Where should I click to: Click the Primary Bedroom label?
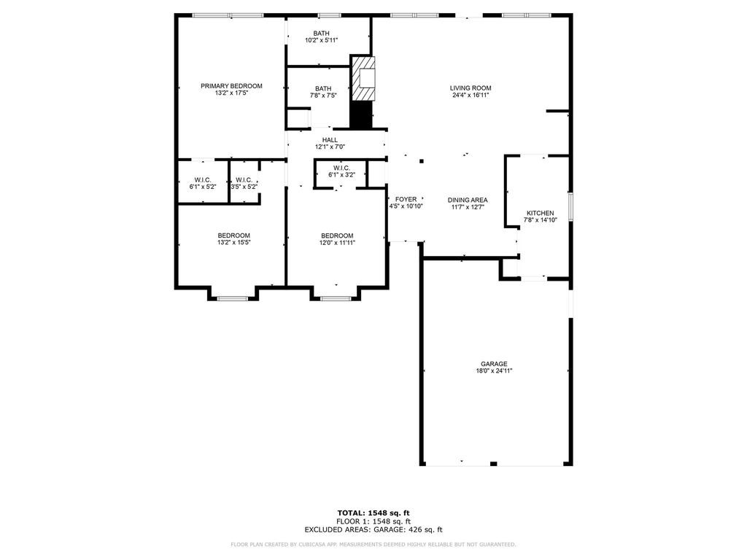click(231, 86)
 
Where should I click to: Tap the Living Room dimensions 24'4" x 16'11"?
click(471, 96)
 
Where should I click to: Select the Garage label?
click(494, 364)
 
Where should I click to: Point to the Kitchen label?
click(541, 213)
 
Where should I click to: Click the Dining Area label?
click(468, 200)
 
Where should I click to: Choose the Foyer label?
click(406, 199)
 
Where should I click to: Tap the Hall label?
click(330, 140)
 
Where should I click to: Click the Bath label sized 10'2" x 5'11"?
click(321, 34)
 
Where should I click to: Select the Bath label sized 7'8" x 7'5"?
click(323, 88)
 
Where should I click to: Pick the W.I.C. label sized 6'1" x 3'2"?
click(341, 168)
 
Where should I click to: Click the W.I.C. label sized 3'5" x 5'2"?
click(244, 179)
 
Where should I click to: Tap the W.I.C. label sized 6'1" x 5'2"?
click(203, 179)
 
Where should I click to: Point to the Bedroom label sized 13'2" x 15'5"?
click(234, 236)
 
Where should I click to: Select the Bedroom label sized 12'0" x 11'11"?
click(337, 236)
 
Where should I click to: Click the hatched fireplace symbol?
click(363, 79)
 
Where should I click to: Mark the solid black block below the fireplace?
click(361, 114)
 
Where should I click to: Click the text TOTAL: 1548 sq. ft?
click(373, 513)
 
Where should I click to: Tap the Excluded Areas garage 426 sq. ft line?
click(373, 529)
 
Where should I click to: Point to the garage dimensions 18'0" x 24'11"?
click(494, 371)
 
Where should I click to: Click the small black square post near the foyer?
click(422, 161)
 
